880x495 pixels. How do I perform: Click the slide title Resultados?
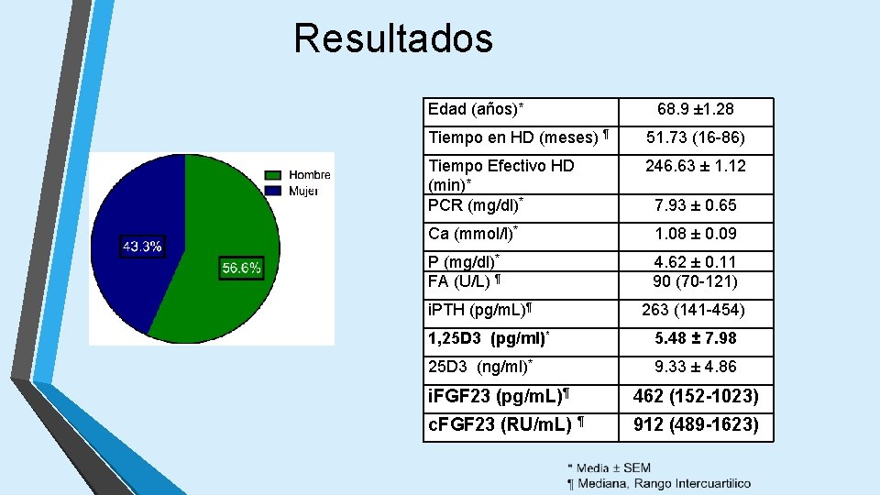point(393,39)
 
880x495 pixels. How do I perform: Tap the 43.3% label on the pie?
point(143,247)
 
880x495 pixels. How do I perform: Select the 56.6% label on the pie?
point(241,268)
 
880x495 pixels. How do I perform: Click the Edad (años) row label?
point(476,110)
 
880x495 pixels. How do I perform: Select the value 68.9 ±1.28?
point(695,110)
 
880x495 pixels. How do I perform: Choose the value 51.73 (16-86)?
point(695,138)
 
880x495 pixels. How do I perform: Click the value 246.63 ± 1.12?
point(695,166)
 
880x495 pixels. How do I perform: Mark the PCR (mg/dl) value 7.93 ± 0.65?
point(695,205)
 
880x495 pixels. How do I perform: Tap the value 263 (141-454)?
point(695,311)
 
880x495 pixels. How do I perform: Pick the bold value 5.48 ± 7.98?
point(695,338)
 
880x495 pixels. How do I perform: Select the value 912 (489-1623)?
point(696,425)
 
